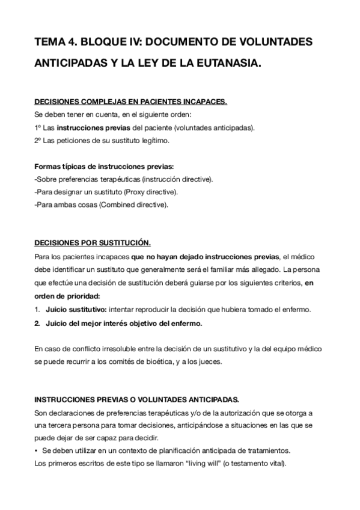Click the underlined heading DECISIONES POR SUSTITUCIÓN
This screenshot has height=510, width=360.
tap(93, 244)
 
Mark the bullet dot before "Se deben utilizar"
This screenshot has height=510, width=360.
tap(37, 451)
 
